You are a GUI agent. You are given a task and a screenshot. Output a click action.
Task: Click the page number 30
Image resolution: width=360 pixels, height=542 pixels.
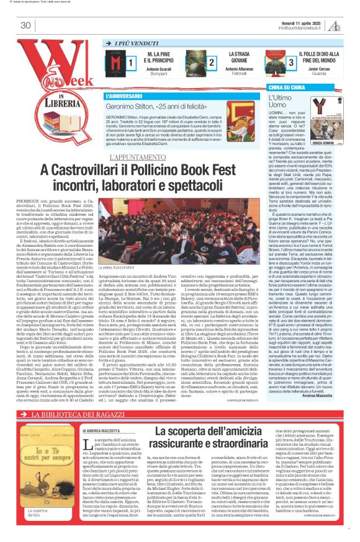[25, 25]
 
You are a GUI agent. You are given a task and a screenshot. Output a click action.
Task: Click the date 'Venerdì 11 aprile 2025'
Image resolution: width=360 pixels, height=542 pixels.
[302, 21]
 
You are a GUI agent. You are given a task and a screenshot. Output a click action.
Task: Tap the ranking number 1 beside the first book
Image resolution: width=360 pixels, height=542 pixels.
[131, 63]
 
